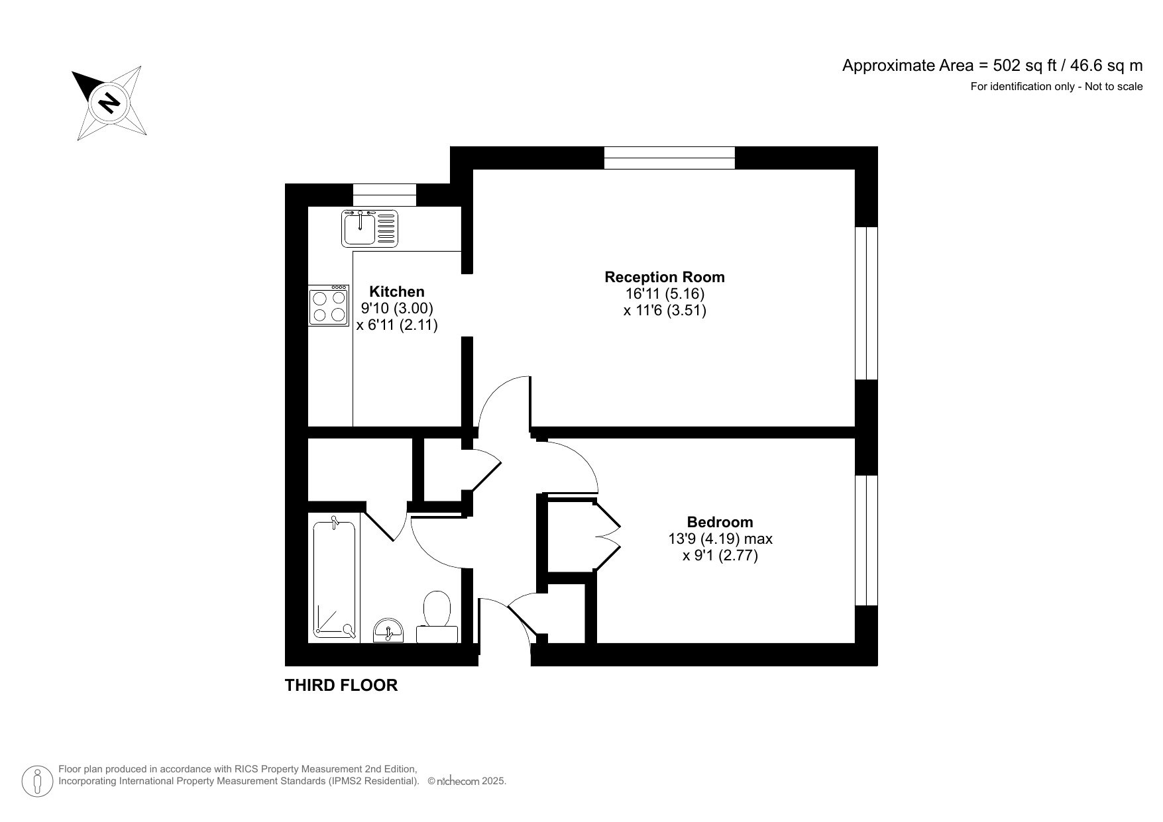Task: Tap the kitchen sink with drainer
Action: click(x=370, y=228)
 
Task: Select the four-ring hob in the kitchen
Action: click(x=329, y=306)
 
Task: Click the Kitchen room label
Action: click(x=396, y=291)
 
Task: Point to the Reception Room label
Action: click(x=664, y=277)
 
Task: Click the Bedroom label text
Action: click(x=720, y=522)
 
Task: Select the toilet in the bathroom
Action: click(x=437, y=616)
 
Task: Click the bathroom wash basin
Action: click(x=388, y=631)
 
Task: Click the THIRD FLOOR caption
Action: click(x=341, y=686)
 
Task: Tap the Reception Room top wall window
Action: click(x=669, y=158)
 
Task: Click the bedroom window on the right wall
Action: click(x=866, y=540)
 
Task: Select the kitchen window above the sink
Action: click(x=384, y=195)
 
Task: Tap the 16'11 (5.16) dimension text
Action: click(x=664, y=293)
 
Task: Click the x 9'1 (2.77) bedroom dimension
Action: click(x=720, y=556)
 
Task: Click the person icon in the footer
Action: click(x=38, y=781)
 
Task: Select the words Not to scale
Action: click(x=1113, y=86)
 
